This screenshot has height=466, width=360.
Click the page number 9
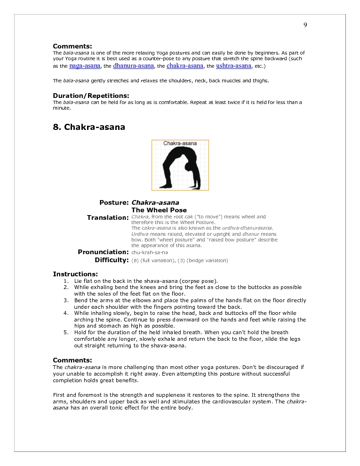click(305, 25)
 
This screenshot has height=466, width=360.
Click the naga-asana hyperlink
click(85, 66)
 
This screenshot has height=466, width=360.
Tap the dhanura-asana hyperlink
click(133, 66)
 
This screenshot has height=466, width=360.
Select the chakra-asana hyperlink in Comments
click(185, 66)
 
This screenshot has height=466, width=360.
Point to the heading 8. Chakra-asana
click(89, 127)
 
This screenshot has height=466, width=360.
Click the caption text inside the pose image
click(180, 143)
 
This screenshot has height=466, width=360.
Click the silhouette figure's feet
click(168, 186)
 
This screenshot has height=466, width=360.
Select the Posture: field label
click(114, 202)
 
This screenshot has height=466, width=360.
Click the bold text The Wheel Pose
click(159, 210)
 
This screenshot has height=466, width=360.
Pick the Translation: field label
click(108, 217)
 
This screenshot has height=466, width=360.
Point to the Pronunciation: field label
click(103, 252)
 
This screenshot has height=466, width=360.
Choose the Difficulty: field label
click(112, 260)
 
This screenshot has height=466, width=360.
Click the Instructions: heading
click(75, 274)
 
